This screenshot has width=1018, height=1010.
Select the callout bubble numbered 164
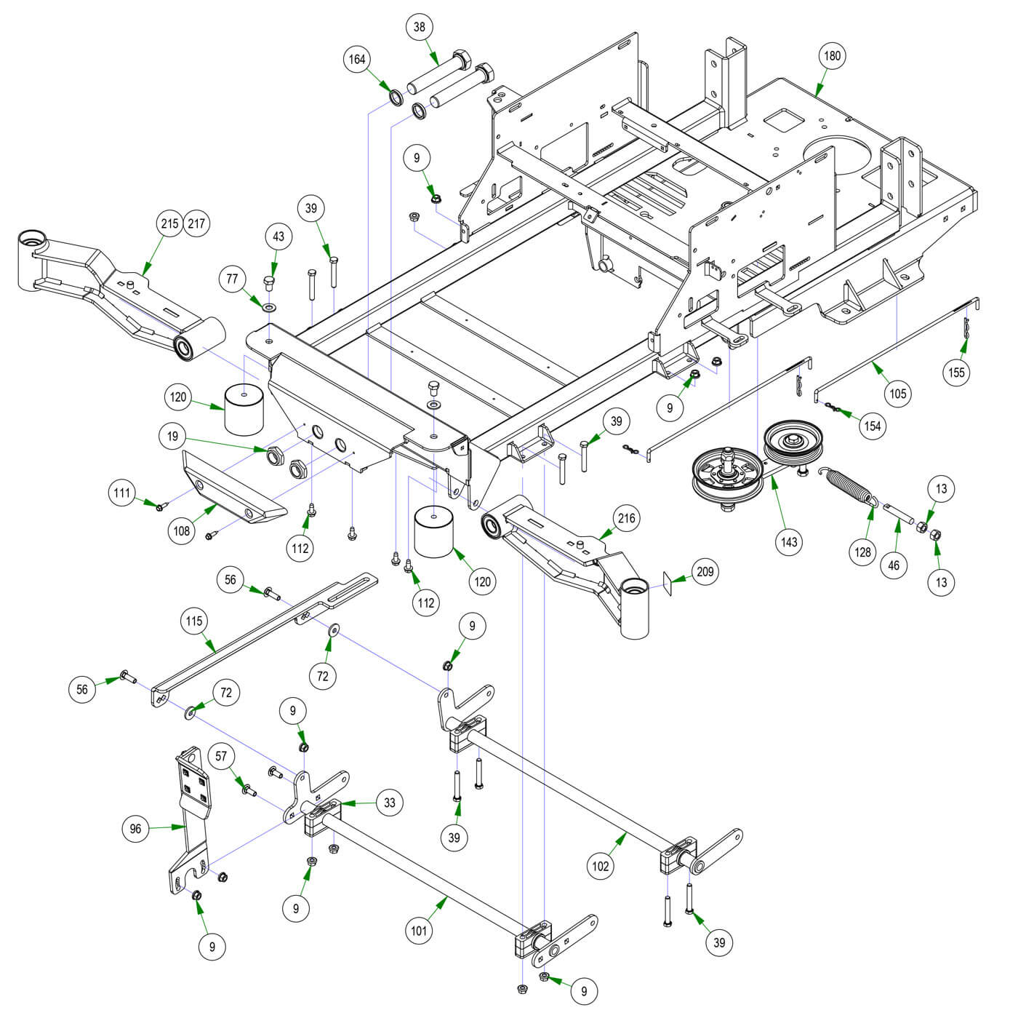[x=357, y=60]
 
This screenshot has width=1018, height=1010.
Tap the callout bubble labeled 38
[x=420, y=28]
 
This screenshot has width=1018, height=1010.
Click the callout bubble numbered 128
[x=862, y=552]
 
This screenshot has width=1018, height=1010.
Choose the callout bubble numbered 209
[x=705, y=572]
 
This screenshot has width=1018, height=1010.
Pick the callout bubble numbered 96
[x=135, y=829]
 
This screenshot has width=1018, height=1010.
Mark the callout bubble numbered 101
[x=420, y=931]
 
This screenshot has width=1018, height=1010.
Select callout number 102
[x=601, y=866]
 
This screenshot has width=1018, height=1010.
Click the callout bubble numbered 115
[x=194, y=621]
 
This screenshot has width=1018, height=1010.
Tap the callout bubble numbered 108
[x=182, y=530]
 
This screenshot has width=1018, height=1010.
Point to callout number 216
[x=626, y=519]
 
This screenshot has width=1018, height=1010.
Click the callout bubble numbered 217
[x=196, y=223]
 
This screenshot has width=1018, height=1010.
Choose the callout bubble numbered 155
[x=957, y=373]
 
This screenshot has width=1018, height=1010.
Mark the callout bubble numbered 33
[x=390, y=803]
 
